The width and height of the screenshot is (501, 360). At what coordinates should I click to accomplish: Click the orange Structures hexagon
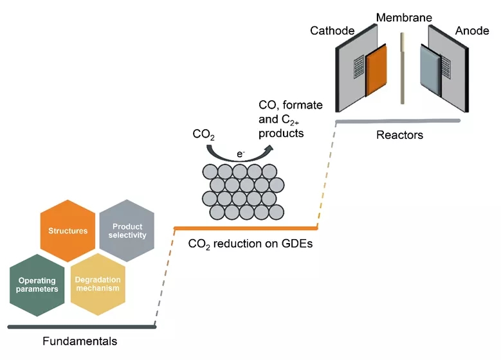click(68, 231)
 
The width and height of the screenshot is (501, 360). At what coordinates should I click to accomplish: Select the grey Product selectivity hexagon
click(128, 231)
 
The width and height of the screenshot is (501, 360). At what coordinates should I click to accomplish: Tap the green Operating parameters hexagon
click(37, 284)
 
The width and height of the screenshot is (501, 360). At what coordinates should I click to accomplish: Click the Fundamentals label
click(80, 341)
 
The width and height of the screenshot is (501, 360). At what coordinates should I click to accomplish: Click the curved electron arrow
click(239, 153)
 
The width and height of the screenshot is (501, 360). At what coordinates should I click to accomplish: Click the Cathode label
click(332, 31)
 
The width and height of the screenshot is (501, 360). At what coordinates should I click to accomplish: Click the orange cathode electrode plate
click(376, 71)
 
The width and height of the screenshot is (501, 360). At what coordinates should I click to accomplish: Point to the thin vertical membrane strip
click(402, 68)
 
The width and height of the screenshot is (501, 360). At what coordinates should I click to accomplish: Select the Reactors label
click(399, 136)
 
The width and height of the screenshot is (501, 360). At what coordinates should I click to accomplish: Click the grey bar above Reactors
click(399, 121)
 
